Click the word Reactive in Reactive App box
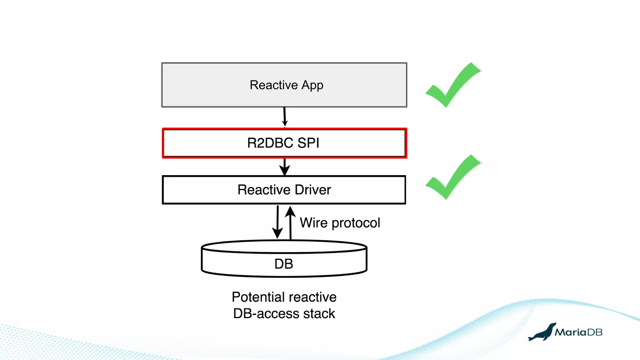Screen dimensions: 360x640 pyautogui.click(x=273, y=85)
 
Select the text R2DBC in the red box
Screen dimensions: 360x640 pyautogui.click(x=270, y=143)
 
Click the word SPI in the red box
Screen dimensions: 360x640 pyautogui.click(x=308, y=143)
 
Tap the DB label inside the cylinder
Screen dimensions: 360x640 pyautogui.click(x=284, y=264)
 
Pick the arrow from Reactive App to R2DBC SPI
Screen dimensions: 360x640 pyautogui.click(x=285, y=117)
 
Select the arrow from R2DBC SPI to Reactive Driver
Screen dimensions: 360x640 pyautogui.click(x=284, y=167)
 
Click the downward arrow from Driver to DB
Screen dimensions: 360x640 pyautogui.click(x=277, y=222)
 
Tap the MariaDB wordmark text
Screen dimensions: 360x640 pyautogui.click(x=578, y=332)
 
